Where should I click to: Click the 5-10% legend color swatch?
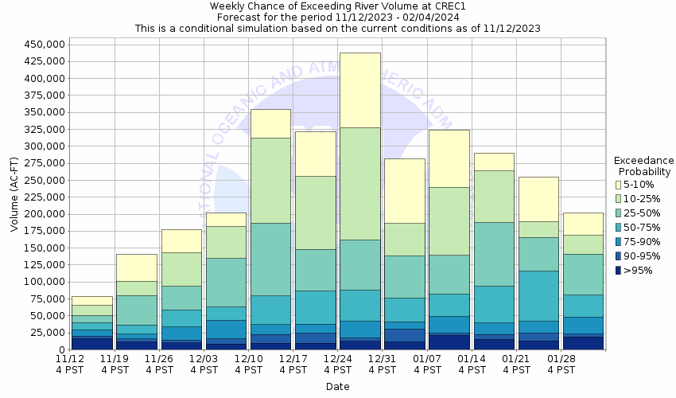pos(618,184)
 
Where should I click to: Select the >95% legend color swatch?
pos(618,270)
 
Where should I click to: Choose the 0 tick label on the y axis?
pos(60,349)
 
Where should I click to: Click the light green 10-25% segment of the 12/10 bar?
pos(270,183)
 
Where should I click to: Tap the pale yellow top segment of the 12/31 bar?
pos(404,190)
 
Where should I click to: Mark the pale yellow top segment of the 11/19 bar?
pos(136,267)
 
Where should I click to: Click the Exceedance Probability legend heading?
pos(644,166)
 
